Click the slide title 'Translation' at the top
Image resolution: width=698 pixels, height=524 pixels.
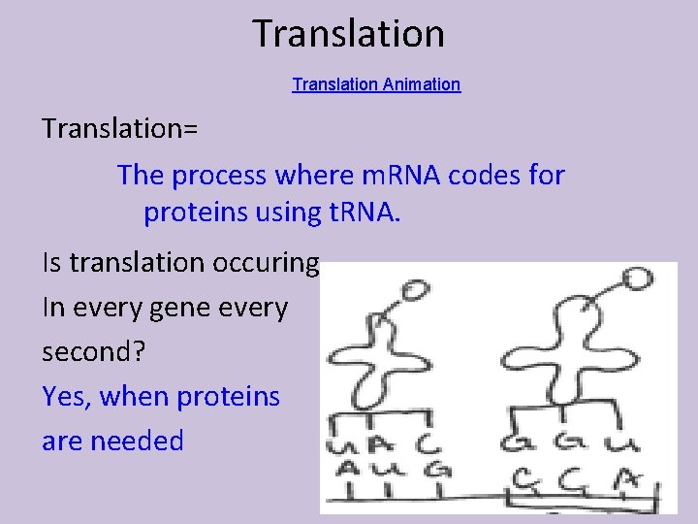349,33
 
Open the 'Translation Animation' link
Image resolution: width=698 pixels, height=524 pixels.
376,84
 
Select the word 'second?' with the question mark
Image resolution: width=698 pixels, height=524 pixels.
93,352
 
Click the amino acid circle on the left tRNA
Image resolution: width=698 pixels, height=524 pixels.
414,289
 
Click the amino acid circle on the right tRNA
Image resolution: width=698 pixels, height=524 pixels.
637,279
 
